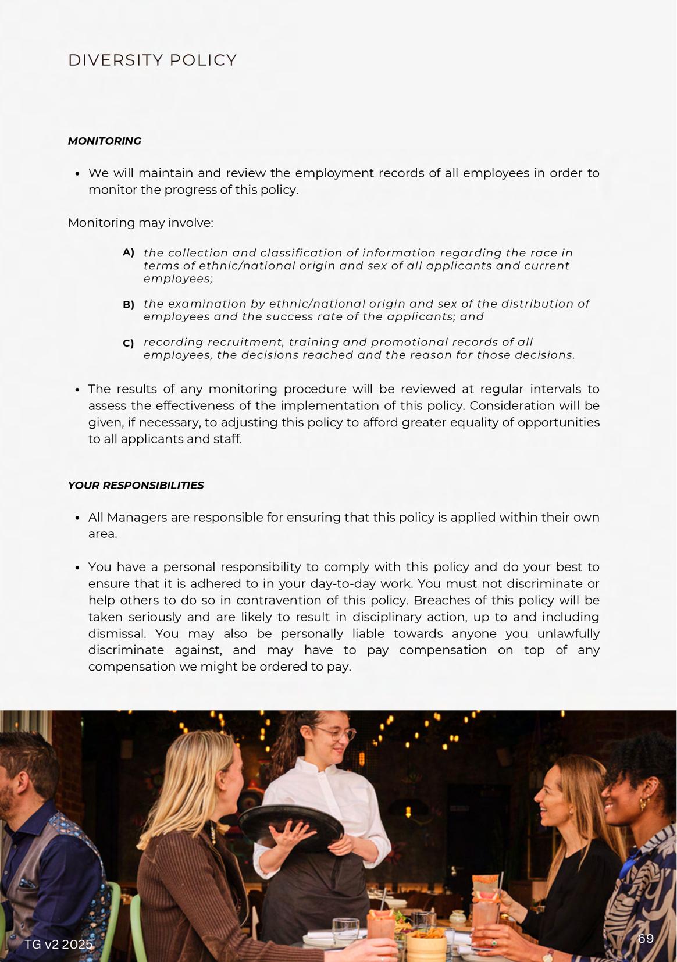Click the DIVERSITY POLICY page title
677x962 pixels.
[152, 60]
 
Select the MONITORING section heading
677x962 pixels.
[105, 141]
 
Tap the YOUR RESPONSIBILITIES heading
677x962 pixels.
[136, 486]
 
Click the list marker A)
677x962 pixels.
[129, 252]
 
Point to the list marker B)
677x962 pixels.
[129, 304]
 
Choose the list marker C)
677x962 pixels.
[129, 343]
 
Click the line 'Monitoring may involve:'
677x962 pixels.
[141, 223]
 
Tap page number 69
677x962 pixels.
[646, 938]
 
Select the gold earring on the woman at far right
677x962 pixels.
[644, 804]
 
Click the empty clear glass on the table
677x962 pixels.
[345, 929]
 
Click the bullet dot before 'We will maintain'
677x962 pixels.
[78, 174]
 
